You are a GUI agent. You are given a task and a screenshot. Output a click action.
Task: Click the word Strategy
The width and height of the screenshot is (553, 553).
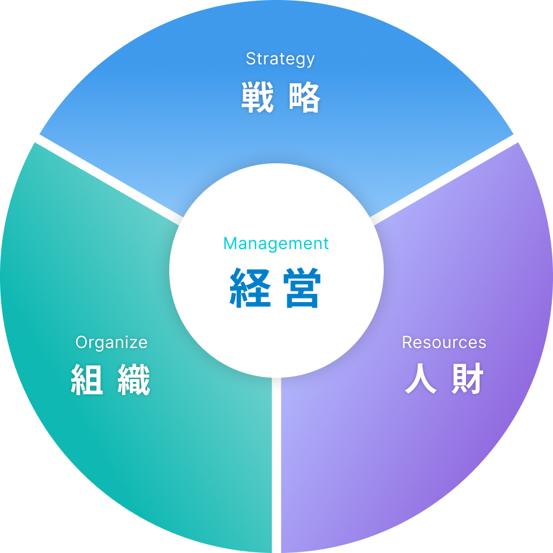click(280, 59)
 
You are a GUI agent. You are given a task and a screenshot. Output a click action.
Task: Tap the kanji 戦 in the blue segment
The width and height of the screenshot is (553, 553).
click(257, 98)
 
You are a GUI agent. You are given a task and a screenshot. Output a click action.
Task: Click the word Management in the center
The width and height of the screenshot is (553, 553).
click(276, 243)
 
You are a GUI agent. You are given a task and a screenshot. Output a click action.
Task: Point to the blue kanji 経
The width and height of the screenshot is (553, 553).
click(250, 288)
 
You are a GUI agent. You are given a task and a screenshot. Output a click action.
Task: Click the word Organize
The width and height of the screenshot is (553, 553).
click(111, 343)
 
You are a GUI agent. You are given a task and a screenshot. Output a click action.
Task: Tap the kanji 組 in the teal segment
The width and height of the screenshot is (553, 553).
click(88, 380)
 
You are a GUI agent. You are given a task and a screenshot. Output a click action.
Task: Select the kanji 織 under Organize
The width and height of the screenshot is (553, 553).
click(134, 380)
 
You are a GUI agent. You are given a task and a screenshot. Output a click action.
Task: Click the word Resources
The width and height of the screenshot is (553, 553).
click(444, 343)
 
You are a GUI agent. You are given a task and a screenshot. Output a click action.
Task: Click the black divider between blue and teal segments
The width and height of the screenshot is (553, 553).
click(101, 175)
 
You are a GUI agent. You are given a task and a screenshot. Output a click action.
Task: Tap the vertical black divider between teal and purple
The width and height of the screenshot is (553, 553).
click(276, 471)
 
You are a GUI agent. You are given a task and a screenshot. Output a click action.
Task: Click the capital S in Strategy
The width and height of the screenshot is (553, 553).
click(250, 59)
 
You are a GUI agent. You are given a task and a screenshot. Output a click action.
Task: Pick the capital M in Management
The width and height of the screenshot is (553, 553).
click(229, 243)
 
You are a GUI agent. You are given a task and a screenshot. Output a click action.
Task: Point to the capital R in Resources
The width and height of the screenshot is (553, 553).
click(406, 343)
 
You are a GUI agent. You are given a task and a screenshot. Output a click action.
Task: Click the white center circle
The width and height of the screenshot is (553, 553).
click(276, 334)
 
